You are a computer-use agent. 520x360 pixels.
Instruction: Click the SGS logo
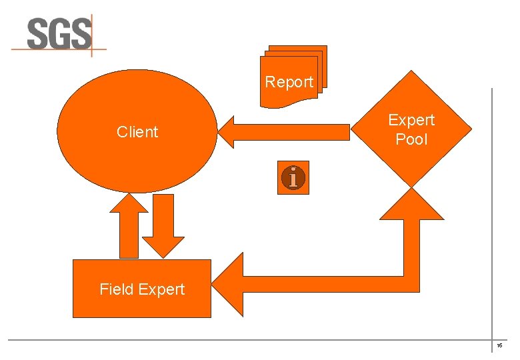59,34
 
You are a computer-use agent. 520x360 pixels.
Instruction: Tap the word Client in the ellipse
137,132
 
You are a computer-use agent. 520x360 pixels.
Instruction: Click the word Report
289,82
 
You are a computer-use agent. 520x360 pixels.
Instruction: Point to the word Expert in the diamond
411,120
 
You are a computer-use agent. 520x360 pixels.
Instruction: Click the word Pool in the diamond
411,140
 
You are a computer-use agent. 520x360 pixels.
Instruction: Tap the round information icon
293,178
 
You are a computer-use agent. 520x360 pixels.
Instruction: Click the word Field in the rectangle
116,289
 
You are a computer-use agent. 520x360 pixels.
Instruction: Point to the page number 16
499,347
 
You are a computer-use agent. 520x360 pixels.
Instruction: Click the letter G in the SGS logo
58,33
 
